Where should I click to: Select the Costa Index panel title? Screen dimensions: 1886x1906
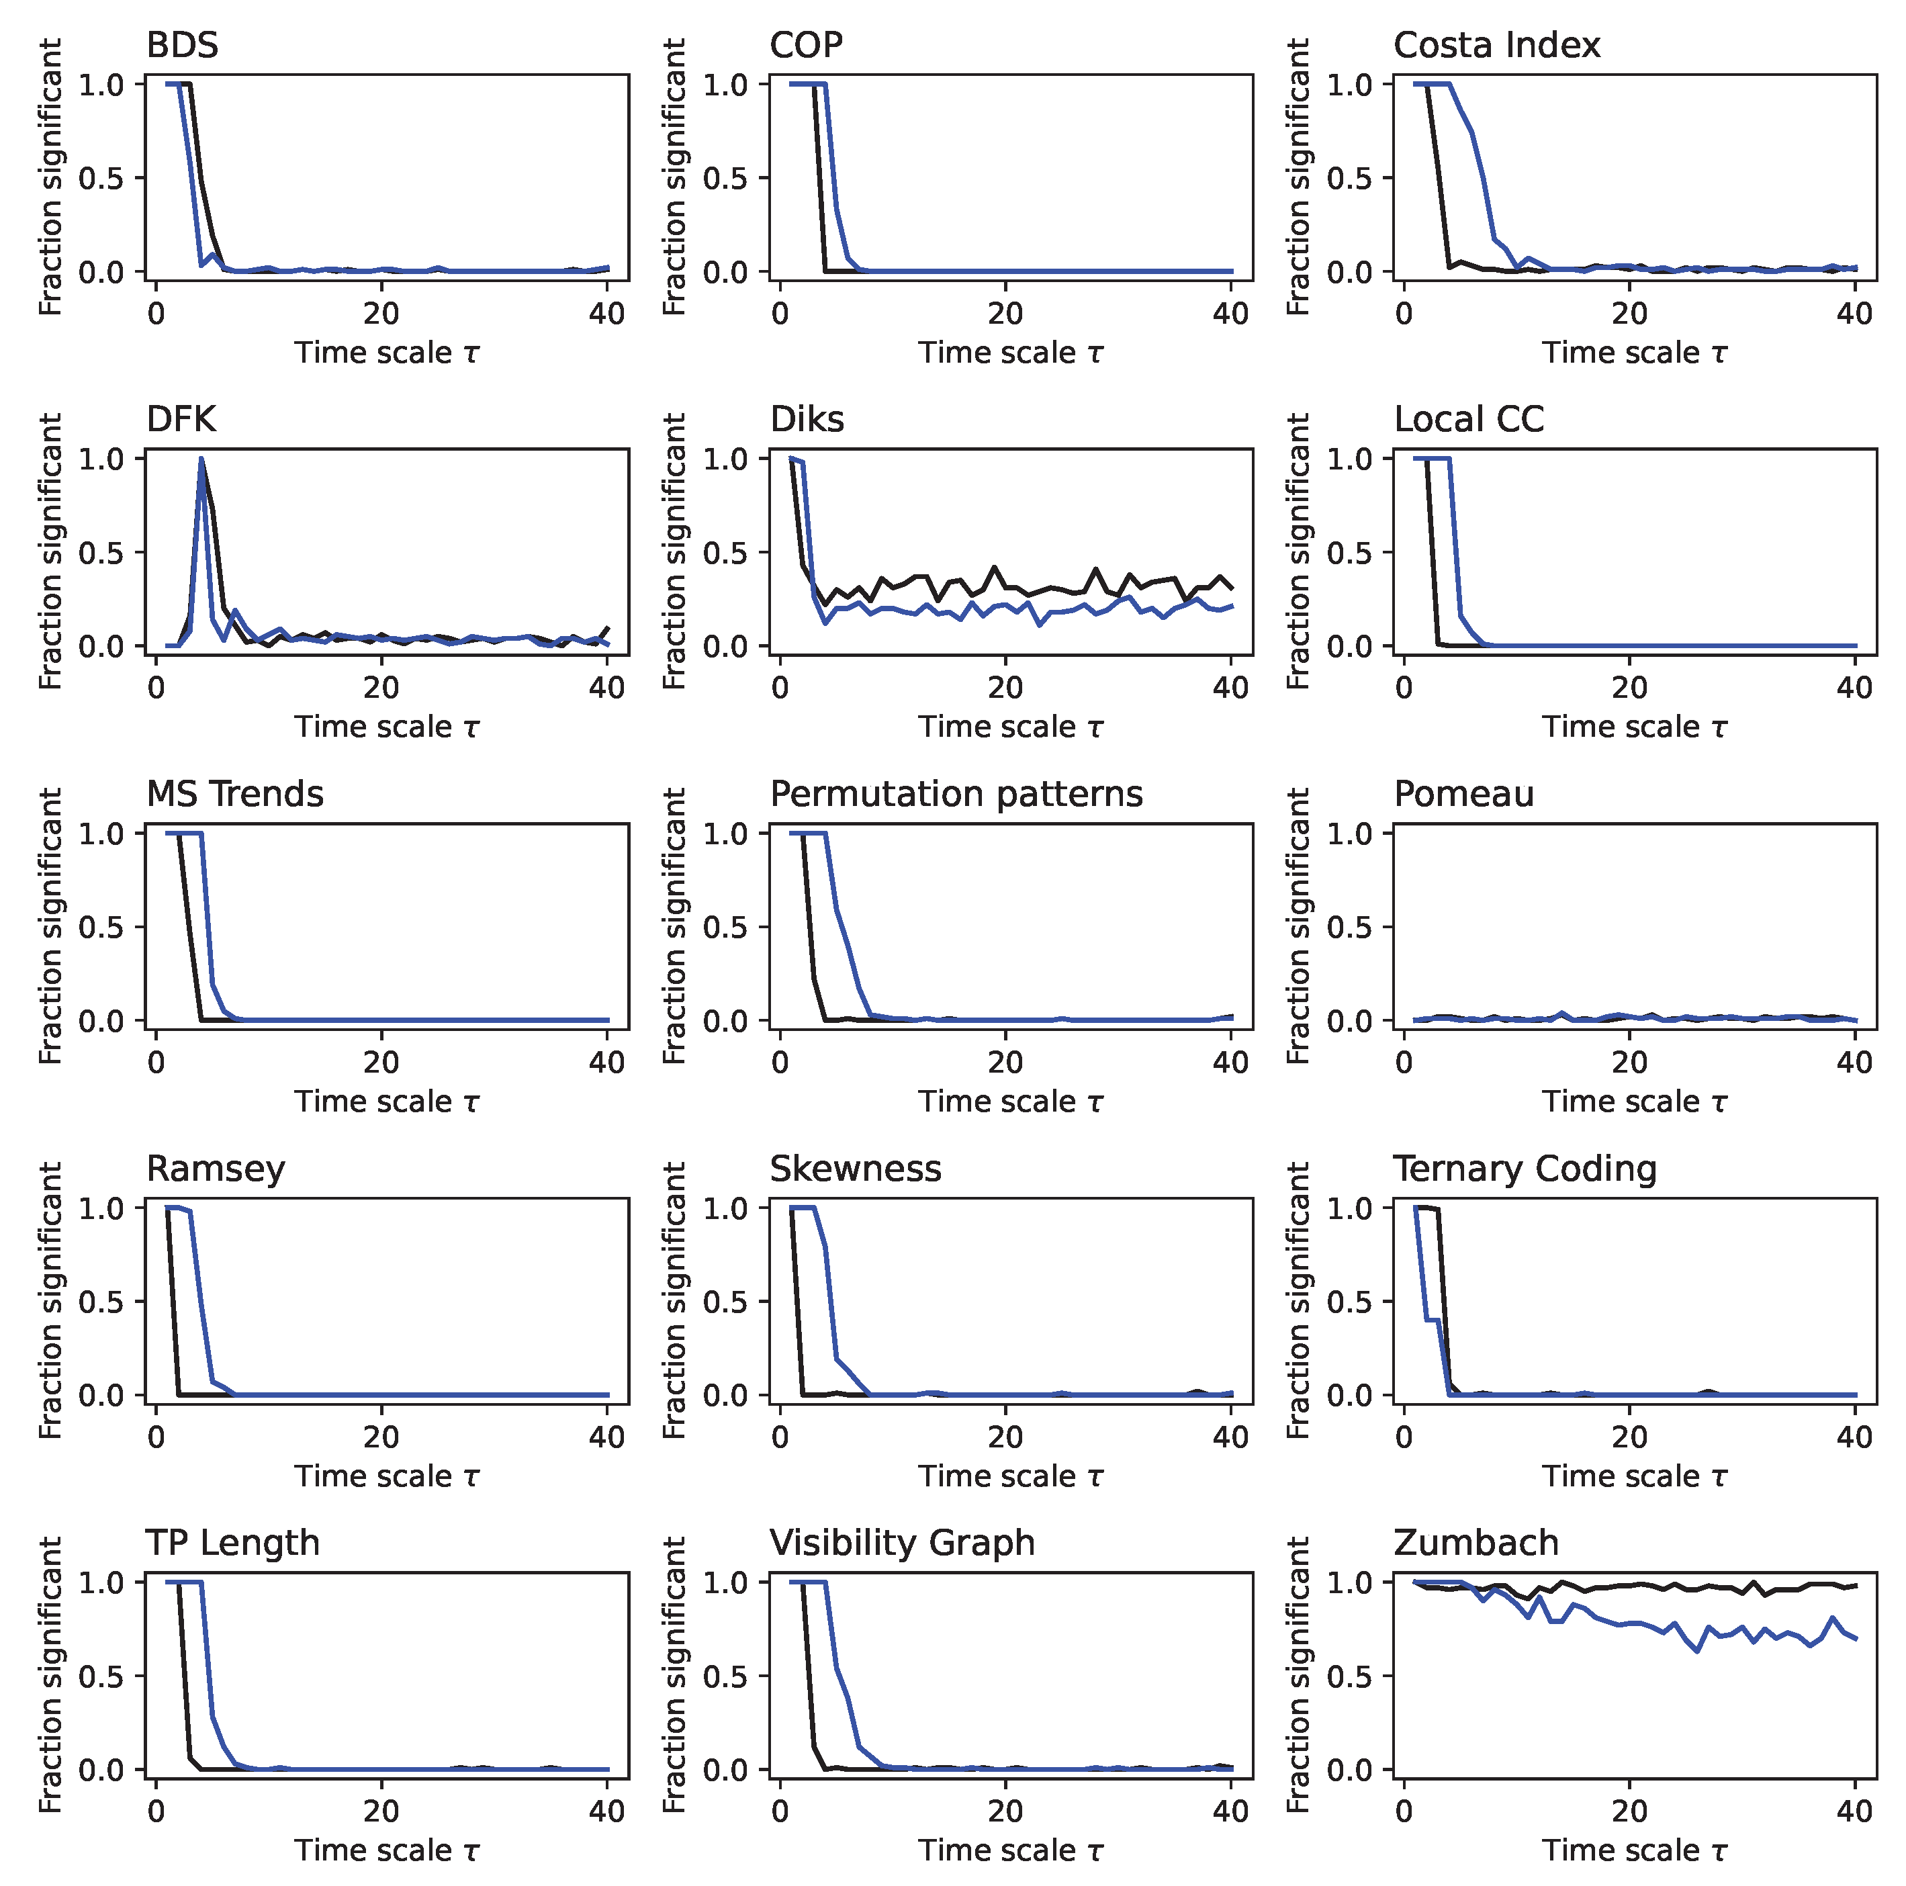[x=1496, y=46]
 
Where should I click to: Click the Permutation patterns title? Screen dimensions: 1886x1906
[x=955, y=794]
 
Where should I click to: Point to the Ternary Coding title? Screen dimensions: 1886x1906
[x=1525, y=1168]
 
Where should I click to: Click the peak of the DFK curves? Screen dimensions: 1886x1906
[x=201, y=459]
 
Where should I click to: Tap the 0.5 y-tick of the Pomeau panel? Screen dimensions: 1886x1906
[x=1348, y=928]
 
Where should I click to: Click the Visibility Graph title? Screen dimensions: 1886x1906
[x=902, y=1543]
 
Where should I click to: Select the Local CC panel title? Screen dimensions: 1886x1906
[x=1468, y=420]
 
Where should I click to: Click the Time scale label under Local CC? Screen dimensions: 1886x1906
[x=1634, y=727]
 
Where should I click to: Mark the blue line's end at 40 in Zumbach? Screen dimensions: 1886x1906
[x=1856, y=1640]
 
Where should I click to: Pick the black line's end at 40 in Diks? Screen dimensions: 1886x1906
[x=1231, y=588]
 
